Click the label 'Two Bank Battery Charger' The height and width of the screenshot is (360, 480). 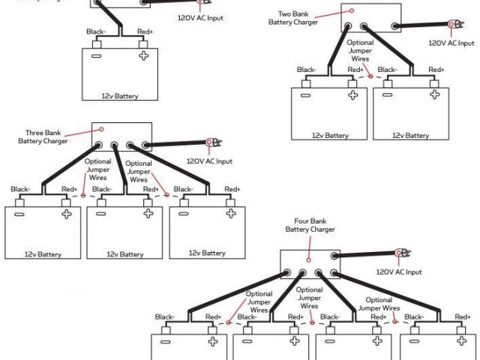293,18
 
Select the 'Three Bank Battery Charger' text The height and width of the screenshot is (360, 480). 43,136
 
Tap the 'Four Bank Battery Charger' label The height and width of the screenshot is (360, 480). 310,225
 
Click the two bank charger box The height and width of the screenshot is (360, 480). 359,19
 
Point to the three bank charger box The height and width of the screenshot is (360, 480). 121,136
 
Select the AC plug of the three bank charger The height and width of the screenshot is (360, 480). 210,142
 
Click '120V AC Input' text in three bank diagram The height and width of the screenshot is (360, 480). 209,161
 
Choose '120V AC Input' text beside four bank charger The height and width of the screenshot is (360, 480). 398,271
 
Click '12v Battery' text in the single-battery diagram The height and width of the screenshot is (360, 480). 120,96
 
